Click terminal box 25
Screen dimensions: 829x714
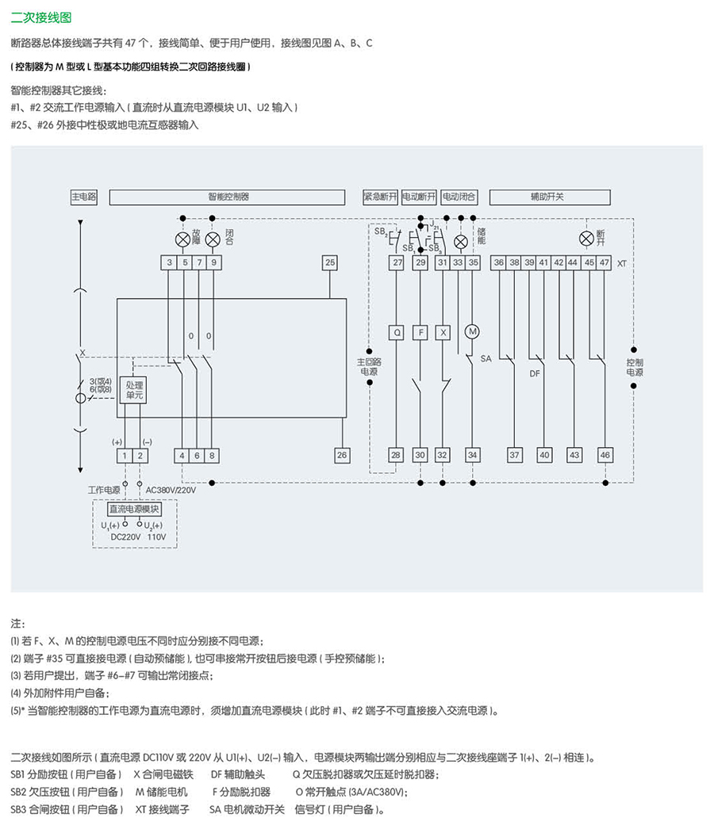(330, 262)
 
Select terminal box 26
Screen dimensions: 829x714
(342, 455)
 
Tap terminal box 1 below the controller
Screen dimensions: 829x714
(125, 455)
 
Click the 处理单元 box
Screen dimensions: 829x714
(133, 389)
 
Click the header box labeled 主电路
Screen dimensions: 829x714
(84, 197)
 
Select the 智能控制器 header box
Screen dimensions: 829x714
(228, 197)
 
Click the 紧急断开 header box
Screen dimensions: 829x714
(379, 197)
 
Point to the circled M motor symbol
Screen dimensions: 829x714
(473, 332)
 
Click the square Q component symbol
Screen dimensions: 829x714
(397, 333)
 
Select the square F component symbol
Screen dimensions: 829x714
(420, 333)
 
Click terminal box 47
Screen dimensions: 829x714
(605, 262)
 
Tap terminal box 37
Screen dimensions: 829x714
(515, 455)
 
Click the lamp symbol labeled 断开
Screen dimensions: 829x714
(586, 239)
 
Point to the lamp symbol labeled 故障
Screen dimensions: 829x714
(182, 239)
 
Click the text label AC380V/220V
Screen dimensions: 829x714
(171, 490)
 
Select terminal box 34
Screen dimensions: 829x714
(473, 455)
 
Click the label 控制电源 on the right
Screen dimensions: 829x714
(635, 367)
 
